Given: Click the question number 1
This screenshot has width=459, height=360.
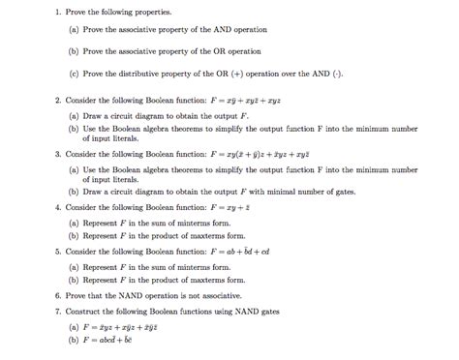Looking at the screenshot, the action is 58,13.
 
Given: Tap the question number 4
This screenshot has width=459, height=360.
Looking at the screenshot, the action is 58,207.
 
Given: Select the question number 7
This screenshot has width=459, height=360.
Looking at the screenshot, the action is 58,312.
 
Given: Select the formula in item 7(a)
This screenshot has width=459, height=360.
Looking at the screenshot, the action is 131,328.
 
